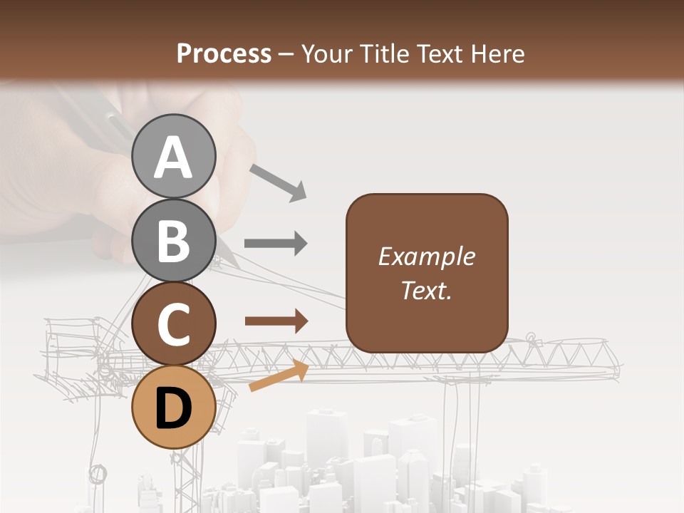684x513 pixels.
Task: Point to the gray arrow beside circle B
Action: [x=276, y=244]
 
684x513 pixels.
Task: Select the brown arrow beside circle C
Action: [x=276, y=321]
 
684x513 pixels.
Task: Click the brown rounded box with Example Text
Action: [x=427, y=273]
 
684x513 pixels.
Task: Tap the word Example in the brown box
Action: [x=426, y=256]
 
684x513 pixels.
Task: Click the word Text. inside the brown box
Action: [x=426, y=290]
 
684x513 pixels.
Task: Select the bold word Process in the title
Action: [x=224, y=53]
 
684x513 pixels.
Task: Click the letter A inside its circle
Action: [x=173, y=158]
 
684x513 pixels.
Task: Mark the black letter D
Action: [x=173, y=408]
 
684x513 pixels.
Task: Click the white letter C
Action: [x=173, y=326]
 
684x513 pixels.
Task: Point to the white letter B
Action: [x=173, y=241]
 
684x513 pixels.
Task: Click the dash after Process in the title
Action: [x=286, y=55]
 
